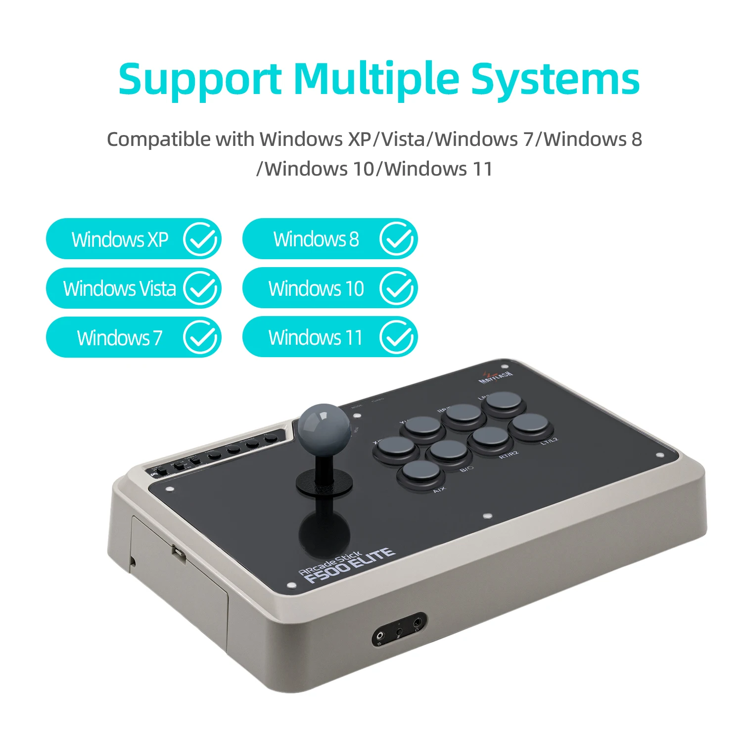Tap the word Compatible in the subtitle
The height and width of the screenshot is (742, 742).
pos(158,139)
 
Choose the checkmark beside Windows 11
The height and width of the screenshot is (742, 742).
pos(396,337)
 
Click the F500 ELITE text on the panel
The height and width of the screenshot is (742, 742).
pos(349,564)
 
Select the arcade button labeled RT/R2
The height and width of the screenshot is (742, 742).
pos(490,438)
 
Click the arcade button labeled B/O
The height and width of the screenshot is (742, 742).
pos(448,451)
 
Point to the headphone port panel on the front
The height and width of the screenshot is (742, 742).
pos(399,629)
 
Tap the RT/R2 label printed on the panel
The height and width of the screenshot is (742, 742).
pos(509,455)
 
